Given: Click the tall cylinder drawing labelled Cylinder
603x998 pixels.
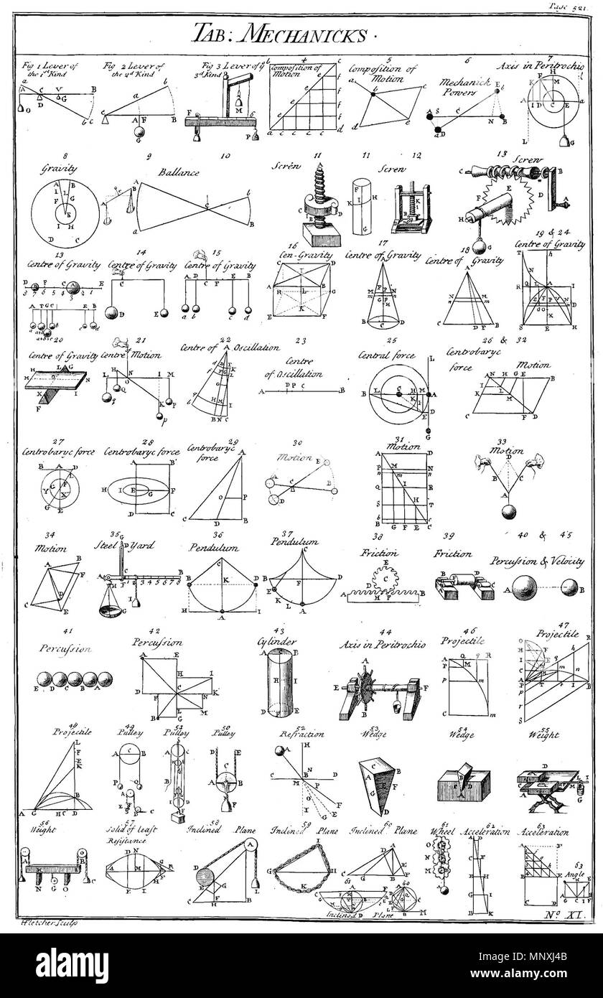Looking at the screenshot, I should click(282, 682).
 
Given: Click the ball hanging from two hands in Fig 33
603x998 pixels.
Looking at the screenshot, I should click(510, 512).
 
